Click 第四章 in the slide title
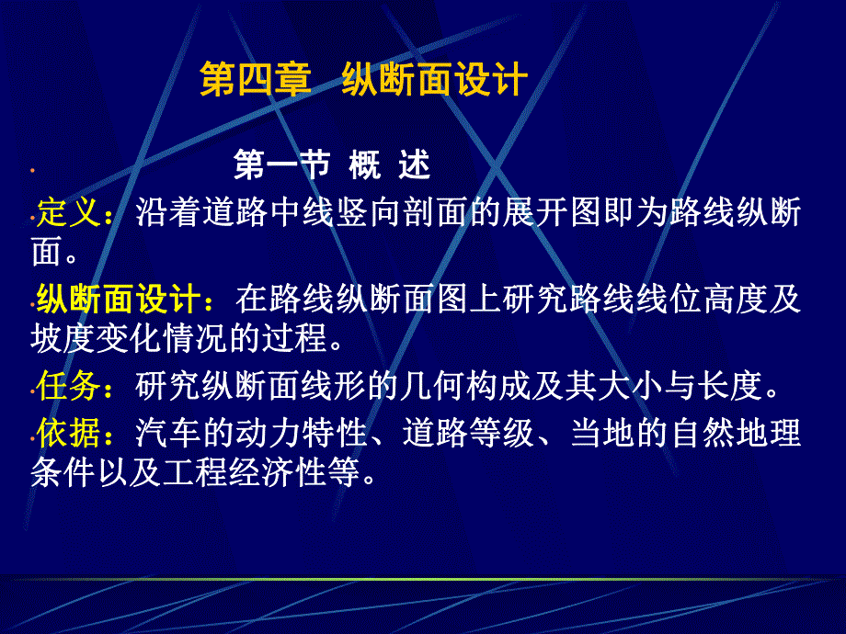256,79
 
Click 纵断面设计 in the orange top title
434,79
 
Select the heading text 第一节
281,164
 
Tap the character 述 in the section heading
415,164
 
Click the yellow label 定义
69,212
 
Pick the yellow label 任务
69,386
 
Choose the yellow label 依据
69,433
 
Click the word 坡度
63,338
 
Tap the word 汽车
168,433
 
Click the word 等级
502,433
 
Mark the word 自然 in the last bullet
703,433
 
